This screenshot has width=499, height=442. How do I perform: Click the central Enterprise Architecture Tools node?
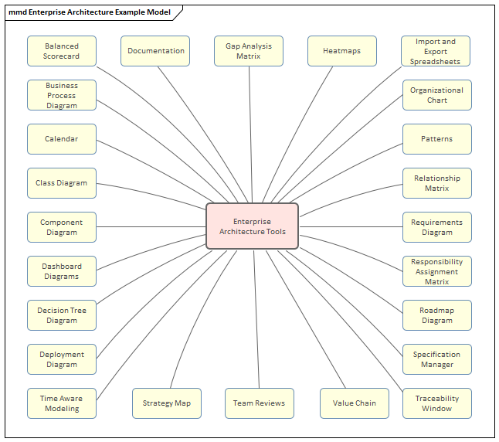click(252, 226)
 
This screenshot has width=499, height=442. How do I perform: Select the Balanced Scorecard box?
click(62, 51)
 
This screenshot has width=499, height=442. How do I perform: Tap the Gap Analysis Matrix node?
click(249, 51)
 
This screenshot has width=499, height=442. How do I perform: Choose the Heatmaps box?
click(342, 51)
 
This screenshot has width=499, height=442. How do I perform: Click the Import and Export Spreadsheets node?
click(436, 51)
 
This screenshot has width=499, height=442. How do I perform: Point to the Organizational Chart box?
click(436, 95)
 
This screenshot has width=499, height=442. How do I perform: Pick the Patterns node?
click(436, 139)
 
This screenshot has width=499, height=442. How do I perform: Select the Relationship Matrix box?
click(436, 183)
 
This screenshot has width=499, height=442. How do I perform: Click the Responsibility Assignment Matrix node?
click(436, 271)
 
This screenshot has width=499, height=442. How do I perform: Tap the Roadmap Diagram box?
click(436, 315)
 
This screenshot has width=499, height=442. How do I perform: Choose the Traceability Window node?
click(436, 403)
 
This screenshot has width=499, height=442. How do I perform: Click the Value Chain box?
click(355, 403)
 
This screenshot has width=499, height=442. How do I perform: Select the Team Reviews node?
click(260, 403)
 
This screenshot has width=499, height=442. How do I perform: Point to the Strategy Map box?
click(167, 403)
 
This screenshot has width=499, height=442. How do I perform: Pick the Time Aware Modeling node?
click(62, 403)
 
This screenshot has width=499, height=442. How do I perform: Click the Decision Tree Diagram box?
click(62, 315)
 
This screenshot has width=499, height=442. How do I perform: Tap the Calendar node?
click(62, 139)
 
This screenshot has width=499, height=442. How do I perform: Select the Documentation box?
click(156, 51)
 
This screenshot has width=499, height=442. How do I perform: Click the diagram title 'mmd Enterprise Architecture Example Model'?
click(90, 12)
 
